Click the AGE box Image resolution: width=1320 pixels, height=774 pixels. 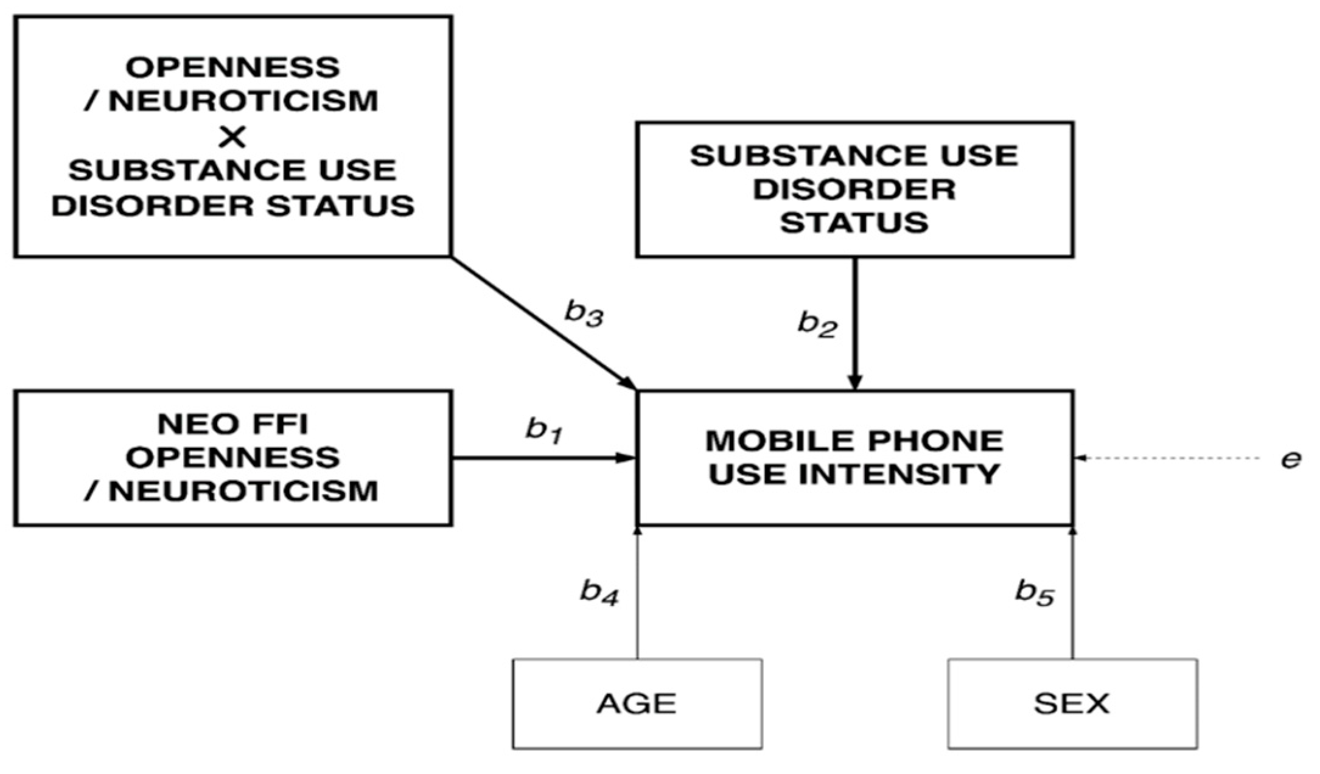pos(637,703)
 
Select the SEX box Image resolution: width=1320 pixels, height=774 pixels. pos(1072,703)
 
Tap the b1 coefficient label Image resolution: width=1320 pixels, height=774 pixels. pos(543,430)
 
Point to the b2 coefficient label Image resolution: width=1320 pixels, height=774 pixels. pos(817,324)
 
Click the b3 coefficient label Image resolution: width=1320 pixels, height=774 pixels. pos(583,314)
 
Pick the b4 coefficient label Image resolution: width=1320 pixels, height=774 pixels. pos(599,591)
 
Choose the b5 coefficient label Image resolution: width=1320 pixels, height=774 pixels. pos(1034,591)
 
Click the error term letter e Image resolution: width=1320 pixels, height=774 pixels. pos(1290,459)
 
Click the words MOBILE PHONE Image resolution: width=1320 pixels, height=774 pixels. pos(854,441)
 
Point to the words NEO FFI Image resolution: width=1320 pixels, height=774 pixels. pos(232,424)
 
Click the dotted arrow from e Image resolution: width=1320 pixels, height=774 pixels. pos(1168,458)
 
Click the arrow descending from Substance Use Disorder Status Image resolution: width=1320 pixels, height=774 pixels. pos(854,322)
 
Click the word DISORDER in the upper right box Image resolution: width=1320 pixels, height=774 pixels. pos(854,189)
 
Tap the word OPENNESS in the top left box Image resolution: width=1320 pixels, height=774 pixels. pos(232,67)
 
